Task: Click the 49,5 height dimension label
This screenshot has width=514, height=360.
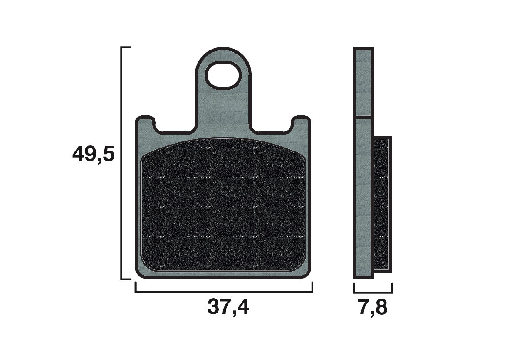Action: coord(93,155)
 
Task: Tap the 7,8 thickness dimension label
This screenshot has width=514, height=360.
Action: coord(373,308)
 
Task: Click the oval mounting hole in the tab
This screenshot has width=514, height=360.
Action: coord(223,75)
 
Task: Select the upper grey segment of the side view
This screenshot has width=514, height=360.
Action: coord(363,83)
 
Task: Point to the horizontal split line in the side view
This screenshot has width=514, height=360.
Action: coord(363,118)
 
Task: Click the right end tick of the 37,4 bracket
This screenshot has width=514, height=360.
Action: coord(312,287)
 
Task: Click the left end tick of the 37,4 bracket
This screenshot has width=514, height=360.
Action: coord(135,287)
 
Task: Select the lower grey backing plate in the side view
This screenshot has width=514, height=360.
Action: coord(363,196)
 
